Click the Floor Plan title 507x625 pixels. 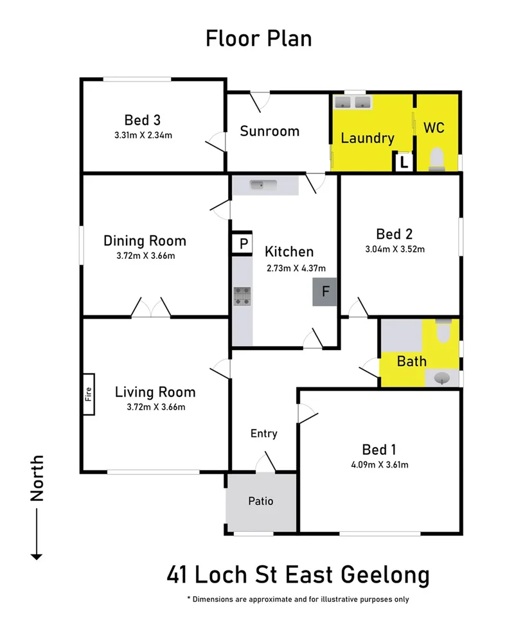tap(258, 39)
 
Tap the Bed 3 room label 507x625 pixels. tap(142, 120)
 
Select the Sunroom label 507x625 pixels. tap(269, 131)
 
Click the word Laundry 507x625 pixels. tap(367, 138)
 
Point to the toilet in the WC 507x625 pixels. tap(436, 158)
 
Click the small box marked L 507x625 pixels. tap(404, 163)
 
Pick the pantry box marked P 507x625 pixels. tap(243, 244)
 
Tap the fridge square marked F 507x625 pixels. tap(325, 292)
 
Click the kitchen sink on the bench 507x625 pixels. tap(263, 186)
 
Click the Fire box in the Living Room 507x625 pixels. tap(88, 394)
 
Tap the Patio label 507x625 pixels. tap(261, 501)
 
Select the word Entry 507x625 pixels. tap(263, 434)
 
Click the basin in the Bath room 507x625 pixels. tap(443, 378)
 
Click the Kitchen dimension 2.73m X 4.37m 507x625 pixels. tap(296, 268)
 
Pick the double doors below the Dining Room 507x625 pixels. tap(151, 308)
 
